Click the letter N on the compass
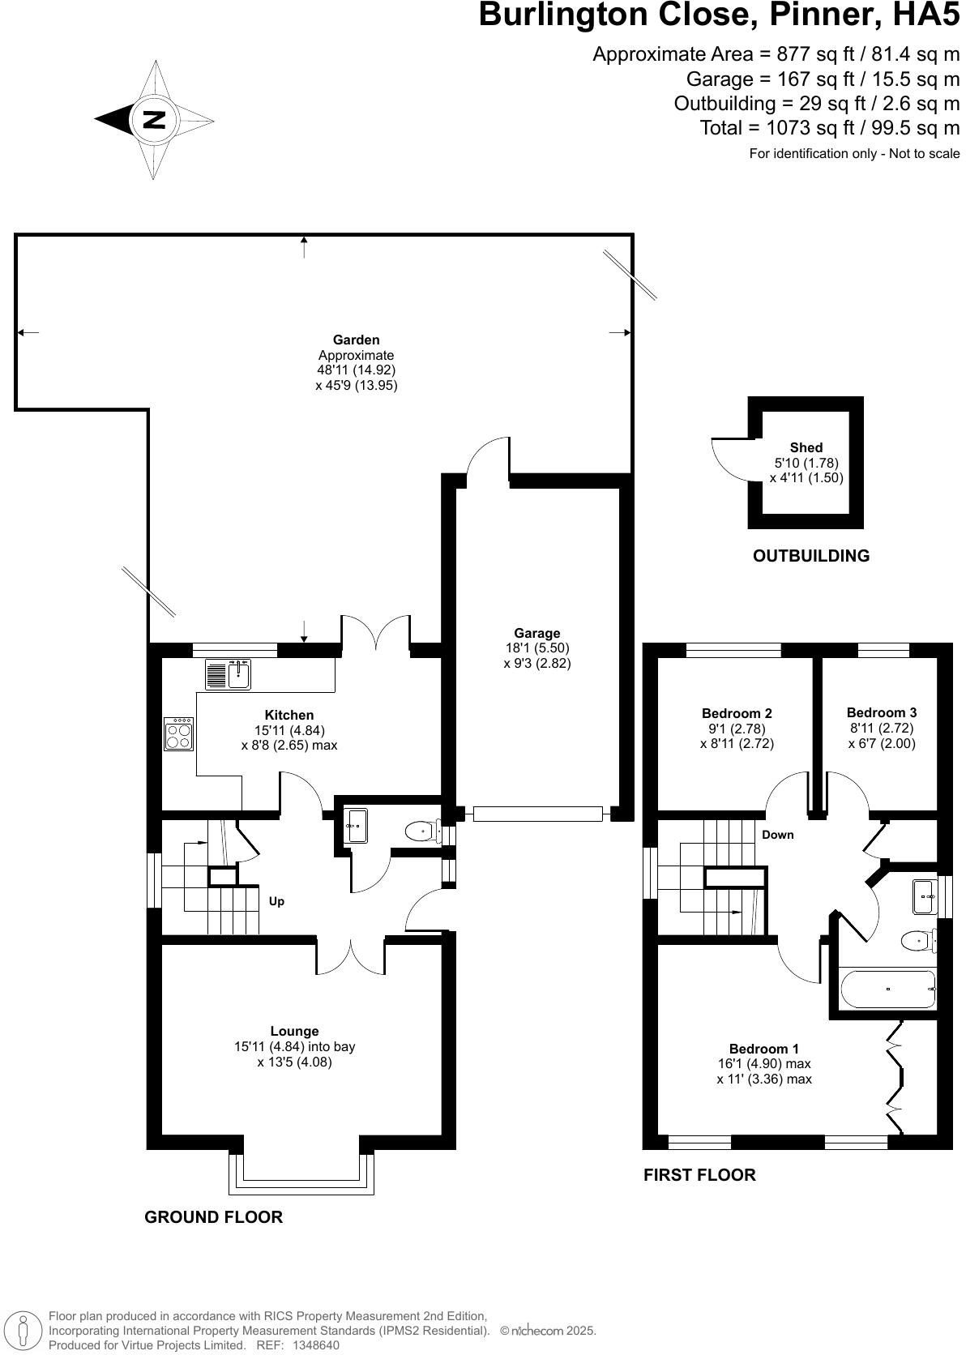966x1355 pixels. click(154, 120)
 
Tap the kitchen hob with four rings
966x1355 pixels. click(179, 734)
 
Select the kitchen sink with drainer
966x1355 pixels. click(229, 674)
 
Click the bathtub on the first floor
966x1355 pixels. click(888, 989)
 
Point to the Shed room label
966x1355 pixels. click(806, 447)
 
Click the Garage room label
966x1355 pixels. click(536, 633)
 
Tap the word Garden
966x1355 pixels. click(356, 340)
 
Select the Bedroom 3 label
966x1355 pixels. click(882, 712)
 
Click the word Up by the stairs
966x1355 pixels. click(276, 901)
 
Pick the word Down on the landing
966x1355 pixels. click(777, 835)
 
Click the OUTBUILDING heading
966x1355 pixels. click(810, 556)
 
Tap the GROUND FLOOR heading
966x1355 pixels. click(213, 1216)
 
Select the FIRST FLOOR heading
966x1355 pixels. click(699, 1174)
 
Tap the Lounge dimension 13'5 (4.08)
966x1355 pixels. click(294, 1062)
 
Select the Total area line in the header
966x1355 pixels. click(829, 128)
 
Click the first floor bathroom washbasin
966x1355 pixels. click(925, 895)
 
